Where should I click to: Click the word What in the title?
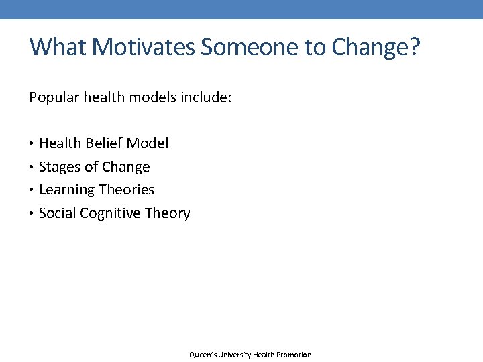(58, 47)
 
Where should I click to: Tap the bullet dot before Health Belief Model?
(32, 143)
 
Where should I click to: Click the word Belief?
(103, 143)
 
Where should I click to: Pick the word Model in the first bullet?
(148, 143)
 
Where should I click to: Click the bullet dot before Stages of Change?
(32, 167)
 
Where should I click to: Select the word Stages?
(59, 167)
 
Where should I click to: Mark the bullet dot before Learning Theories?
(32, 190)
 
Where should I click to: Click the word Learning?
(66, 190)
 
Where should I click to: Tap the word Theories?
(126, 190)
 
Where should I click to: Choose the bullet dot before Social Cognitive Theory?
(32, 214)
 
